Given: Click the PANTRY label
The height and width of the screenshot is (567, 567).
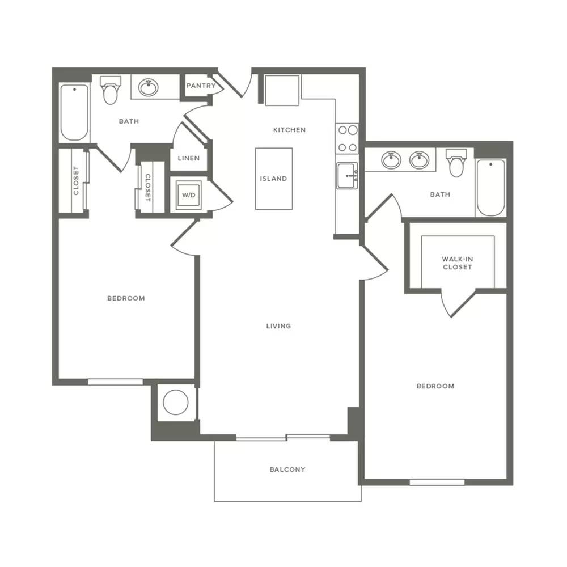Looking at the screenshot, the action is pos(201,86).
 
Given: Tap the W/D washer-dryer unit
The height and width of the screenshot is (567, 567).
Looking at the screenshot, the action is pos(188,195).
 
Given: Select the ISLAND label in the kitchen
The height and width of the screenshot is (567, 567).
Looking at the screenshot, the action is pos(273,179).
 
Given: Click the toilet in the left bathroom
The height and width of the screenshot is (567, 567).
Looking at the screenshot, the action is pos(110,90).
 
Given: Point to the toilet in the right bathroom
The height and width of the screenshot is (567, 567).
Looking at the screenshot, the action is pos(456,163).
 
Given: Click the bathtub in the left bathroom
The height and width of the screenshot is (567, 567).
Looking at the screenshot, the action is pos(74,112).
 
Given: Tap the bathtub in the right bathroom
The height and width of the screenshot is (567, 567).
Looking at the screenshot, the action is pos(490,188).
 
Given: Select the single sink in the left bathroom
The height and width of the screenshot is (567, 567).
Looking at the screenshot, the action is pos(148,87).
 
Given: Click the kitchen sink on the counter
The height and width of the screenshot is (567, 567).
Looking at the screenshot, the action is pos(347,175).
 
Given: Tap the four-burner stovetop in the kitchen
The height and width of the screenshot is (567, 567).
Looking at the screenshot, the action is pos(347,138).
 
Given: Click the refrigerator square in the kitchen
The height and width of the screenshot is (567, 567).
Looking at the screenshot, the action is pos(282,90).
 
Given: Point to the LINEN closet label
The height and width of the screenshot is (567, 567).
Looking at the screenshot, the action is pos(189,158).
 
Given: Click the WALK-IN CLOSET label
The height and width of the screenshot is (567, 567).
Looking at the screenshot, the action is pos(458,263).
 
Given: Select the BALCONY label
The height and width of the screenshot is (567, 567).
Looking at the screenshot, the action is pos(287,469).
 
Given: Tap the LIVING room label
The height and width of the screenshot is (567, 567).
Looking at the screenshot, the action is pos(278,326).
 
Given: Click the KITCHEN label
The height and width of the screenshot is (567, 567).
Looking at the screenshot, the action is pos(289,130).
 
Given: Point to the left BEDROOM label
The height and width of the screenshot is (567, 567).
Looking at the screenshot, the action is pos(126,298).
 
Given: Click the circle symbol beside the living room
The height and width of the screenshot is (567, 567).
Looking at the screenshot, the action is pos(176,402).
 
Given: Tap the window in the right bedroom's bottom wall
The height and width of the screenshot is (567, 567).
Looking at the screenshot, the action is pos(437,482).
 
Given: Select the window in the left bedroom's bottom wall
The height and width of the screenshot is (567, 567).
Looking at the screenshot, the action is pos(115,382).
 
